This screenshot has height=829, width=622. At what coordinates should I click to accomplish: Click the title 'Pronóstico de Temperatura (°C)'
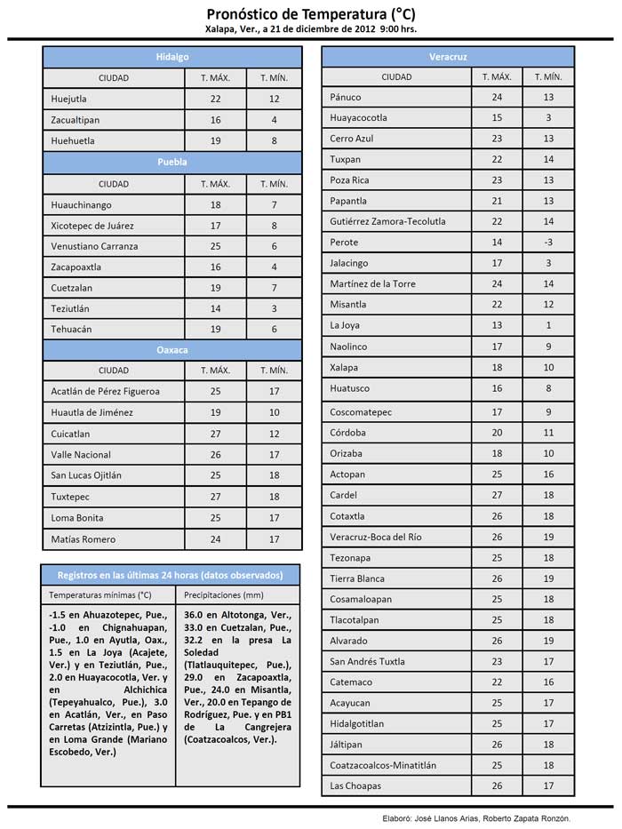tap(310, 14)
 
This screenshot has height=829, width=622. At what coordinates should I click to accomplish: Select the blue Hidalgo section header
tap(172, 57)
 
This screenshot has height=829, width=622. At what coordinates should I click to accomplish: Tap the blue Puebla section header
tap(172, 163)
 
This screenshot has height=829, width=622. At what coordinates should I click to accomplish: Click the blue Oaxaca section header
tap(172, 350)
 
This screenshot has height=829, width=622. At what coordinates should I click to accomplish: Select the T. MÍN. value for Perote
tap(548, 243)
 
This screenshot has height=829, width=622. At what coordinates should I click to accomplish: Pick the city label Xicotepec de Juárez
tap(94, 226)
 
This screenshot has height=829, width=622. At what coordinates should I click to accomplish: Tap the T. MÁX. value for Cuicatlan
tap(215, 434)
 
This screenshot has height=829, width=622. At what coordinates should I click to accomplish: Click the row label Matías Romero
tap(84, 539)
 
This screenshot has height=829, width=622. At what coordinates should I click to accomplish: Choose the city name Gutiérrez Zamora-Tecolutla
tap(387, 221)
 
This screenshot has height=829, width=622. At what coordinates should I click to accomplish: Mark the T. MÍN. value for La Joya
tap(548, 326)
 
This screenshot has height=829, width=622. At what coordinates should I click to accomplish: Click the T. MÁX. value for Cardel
tap(497, 495)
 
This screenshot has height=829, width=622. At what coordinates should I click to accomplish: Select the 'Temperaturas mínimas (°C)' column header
tap(100, 594)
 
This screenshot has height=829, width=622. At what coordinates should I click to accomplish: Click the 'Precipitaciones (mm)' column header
tap(224, 594)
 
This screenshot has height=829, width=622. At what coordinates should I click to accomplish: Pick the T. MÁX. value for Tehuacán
tap(215, 330)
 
